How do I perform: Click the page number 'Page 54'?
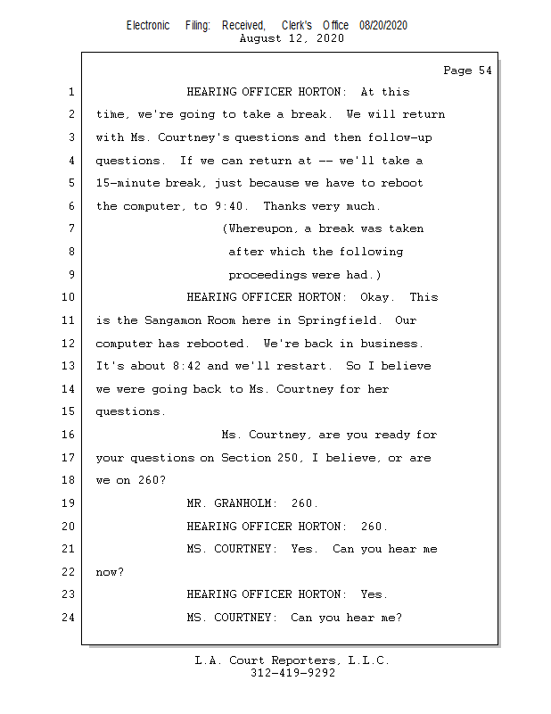pos(467,71)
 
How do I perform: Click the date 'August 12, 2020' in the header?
pos(292,38)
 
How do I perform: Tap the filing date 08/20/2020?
pos(383,26)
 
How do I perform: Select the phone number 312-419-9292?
pos(292,674)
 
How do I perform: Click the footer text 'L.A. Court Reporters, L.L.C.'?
pos(292,661)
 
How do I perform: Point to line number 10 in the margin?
pos(70,298)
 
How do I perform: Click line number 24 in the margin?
pos(70,618)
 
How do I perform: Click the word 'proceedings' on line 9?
pos(267,275)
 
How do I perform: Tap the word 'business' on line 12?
pos(392,344)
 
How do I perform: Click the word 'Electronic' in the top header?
pos(148,26)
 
